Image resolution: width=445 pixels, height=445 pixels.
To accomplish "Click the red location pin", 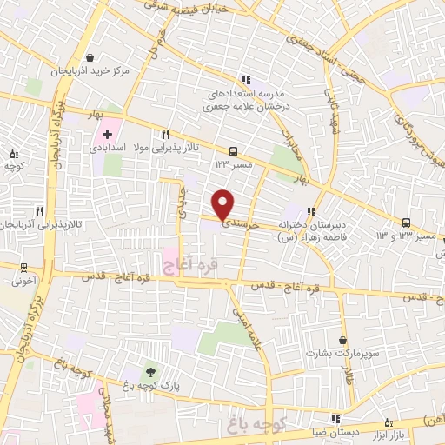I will (x=223, y=203).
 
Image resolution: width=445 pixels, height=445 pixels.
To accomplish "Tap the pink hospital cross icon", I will (x=107, y=134).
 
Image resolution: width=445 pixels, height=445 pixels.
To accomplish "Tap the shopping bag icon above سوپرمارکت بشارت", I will (x=344, y=340).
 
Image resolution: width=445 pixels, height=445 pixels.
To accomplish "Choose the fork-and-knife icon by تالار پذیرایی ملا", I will (x=164, y=134).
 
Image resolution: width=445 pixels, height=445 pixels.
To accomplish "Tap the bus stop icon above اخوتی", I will (x=23, y=267).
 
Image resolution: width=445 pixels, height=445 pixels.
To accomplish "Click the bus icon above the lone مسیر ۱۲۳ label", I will (x=232, y=149).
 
